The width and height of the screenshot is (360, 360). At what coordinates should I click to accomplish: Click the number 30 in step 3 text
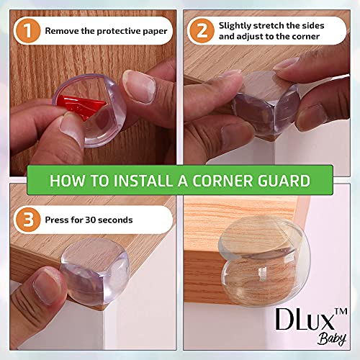click(x=102, y=219)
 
